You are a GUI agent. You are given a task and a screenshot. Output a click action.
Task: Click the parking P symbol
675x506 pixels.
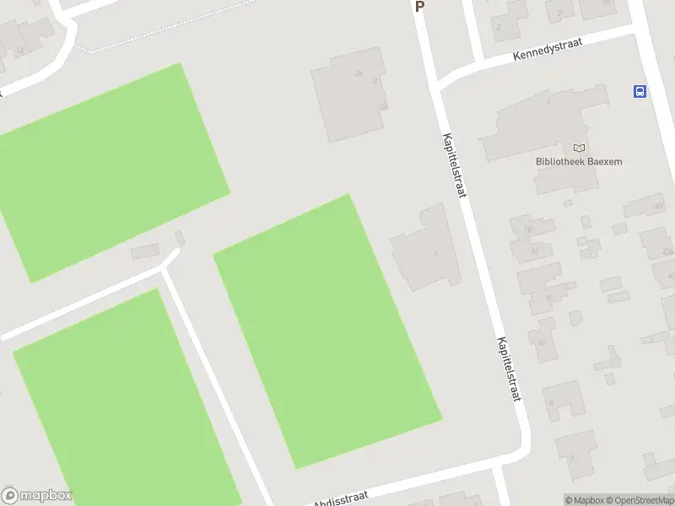[419, 7]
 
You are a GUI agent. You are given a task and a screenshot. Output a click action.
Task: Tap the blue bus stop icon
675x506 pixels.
[640, 92]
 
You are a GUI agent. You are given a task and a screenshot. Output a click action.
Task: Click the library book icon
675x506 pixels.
[579, 148]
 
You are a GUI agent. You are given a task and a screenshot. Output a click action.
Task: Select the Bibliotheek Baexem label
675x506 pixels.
[579, 162]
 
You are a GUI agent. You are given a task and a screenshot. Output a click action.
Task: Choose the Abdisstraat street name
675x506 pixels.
[342, 498]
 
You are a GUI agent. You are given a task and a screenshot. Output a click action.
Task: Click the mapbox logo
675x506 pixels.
[37, 495]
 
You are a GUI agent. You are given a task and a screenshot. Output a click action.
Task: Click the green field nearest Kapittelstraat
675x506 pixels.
[327, 330]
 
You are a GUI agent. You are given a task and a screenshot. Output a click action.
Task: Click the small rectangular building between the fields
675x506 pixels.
[145, 250]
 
